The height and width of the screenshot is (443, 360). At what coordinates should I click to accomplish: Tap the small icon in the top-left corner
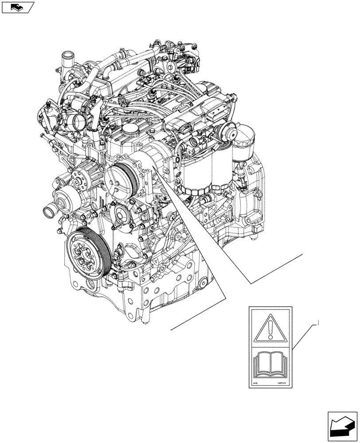click(18, 7)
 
